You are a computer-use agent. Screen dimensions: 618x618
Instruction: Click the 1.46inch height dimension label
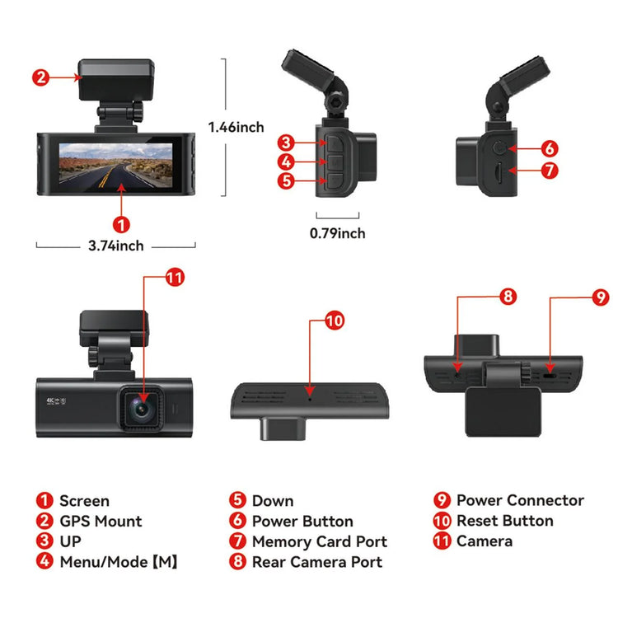pos(236,127)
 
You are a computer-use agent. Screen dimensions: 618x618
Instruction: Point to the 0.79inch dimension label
pos(337,233)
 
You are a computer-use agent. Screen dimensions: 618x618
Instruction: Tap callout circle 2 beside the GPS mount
pos(41,78)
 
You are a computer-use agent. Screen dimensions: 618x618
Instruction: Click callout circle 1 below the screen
pos(121,224)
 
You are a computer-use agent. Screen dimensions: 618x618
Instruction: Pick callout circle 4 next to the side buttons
pos(286,162)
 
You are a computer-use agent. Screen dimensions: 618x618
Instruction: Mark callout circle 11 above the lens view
pos(174,277)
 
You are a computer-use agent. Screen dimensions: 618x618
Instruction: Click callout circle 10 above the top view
pos(334,321)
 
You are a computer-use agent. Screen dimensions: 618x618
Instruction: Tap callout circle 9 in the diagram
pos(601,297)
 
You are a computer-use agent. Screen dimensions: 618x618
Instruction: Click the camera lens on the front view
pos(141,405)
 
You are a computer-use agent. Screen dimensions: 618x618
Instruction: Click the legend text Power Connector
pos(520,500)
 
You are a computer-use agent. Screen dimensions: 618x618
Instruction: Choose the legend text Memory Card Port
pos(319,541)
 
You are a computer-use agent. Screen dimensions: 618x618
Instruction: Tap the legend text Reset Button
pos(504,521)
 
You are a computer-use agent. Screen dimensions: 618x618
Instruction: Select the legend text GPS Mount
pos(101,521)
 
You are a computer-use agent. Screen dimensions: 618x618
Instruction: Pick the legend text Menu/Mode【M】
pos(119,562)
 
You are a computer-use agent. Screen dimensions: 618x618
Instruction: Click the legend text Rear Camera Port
pos(317,562)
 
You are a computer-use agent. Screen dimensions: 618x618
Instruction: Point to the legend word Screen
pos(84,500)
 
